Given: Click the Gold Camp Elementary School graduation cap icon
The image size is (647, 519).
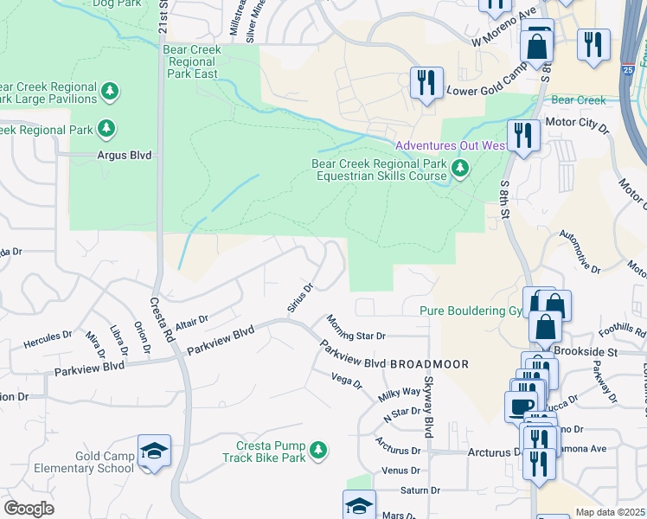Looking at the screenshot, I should (x=154, y=451).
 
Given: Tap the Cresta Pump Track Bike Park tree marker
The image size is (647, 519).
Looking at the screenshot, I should (x=318, y=449).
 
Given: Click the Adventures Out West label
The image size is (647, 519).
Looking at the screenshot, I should (x=451, y=145).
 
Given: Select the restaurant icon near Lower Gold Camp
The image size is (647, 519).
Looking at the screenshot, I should (x=426, y=83).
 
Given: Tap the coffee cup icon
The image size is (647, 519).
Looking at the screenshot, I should (x=522, y=407).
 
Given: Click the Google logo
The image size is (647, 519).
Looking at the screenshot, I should (x=29, y=509).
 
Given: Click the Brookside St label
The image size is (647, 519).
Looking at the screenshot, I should (x=587, y=353).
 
